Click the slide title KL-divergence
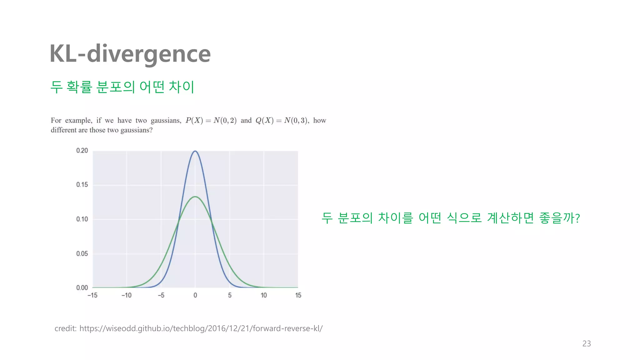130,54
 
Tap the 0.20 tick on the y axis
82,151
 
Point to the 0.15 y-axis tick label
82,185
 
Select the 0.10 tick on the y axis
82,219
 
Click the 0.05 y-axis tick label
82,253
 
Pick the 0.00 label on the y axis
82,287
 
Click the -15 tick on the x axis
92,295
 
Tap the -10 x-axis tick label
127,295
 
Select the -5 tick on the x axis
161,295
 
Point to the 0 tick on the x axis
195,295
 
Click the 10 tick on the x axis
264,295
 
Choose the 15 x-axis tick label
298,295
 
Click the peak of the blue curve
195,151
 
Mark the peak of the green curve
195,197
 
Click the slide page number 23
587,343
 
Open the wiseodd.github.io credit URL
201,328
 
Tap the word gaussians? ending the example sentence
137,130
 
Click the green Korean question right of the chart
451,218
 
